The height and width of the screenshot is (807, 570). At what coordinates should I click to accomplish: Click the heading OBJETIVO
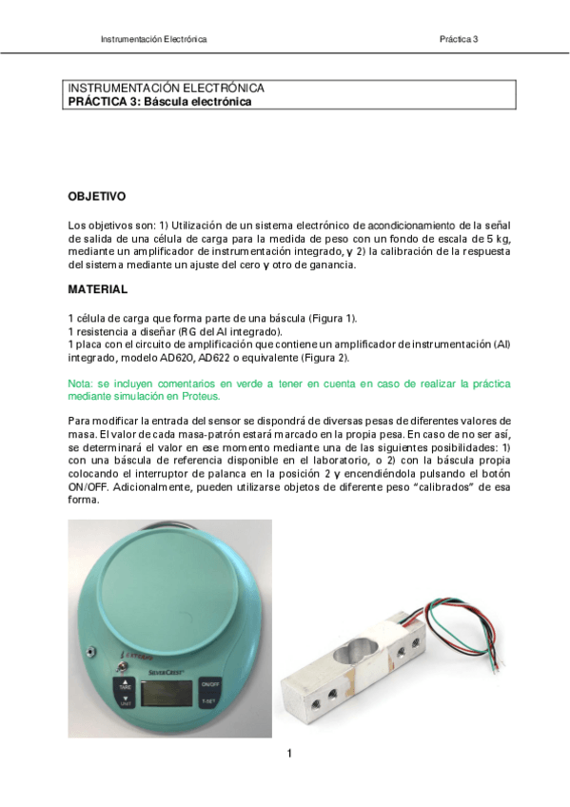pos(96,197)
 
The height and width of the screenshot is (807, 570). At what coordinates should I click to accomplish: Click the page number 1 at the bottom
pos(288,754)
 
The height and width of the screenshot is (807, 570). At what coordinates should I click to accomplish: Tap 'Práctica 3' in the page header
pos(458,39)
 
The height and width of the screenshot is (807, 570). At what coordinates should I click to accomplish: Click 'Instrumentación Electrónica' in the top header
pos(153,39)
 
